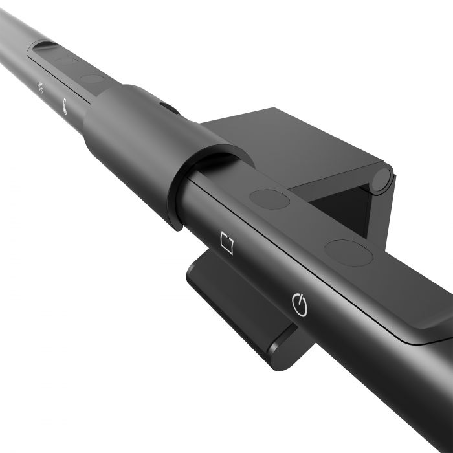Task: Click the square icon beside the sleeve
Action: [226, 243]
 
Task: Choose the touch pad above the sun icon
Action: [65, 63]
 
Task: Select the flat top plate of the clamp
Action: [291, 146]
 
